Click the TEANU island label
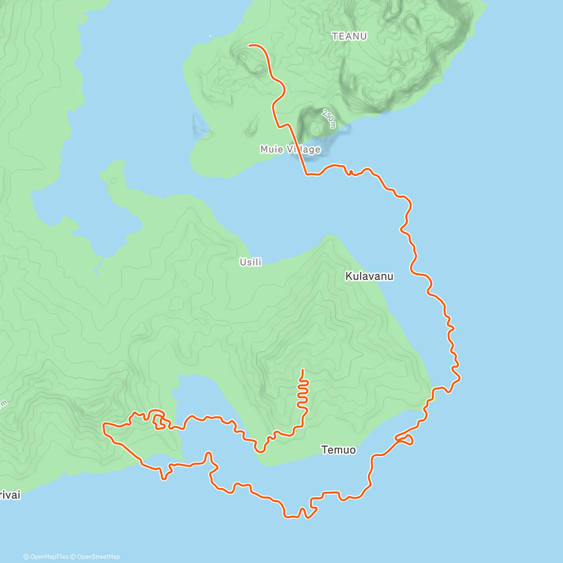point(349,36)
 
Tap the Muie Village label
point(290,149)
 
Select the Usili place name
point(251,262)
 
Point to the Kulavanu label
point(369,276)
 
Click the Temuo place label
point(338,450)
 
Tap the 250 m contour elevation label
point(329,118)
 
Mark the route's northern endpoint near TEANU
point(249,45)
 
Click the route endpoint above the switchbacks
point(302,370)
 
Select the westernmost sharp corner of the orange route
point(104,425)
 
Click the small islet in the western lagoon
point(113,180)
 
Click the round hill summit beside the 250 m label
point(316,127)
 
